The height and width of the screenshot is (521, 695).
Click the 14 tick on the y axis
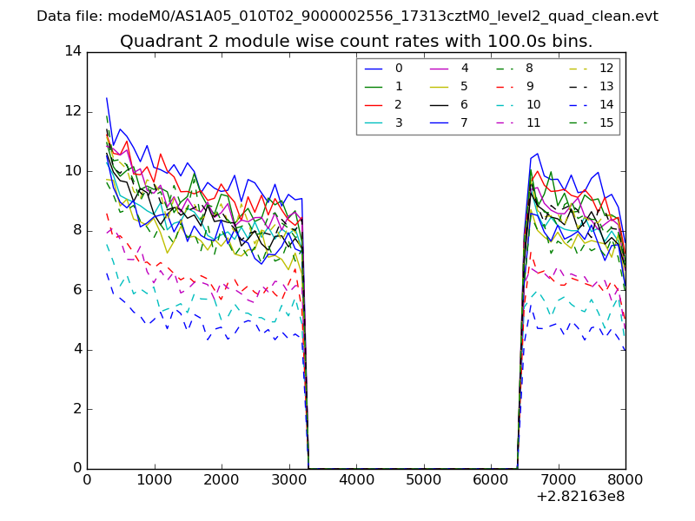click(x=73, y=51)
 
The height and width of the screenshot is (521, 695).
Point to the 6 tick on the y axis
click(x=77, y=289)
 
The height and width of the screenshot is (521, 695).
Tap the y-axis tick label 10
click(x=73, y=170)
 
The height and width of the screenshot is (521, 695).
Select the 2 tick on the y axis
click(x=77, y=408)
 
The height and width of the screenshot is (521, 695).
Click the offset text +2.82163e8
click(x=580, y=498)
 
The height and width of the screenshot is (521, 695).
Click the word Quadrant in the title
click(x=155, y=42)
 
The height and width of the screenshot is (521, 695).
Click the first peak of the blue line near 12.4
click(x=107, y=98)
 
